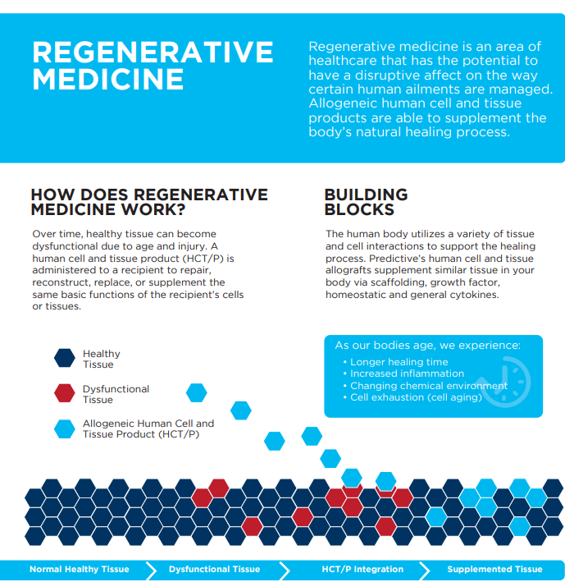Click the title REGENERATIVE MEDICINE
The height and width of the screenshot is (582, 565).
pyautogui.click(x=152, y=66)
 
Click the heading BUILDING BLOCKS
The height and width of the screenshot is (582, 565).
pyautogui.click(x=366, y=202)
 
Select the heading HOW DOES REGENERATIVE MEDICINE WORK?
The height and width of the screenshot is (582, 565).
pyautogui.click(x=149, y=202)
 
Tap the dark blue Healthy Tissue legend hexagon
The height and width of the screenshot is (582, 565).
pyautogui.click(x=65, y=358)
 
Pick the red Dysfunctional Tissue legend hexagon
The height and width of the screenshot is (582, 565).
pyautogui.click(x=65, y=393)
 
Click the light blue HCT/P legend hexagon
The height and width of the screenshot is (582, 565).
pyautogui.click(x=65, y=428)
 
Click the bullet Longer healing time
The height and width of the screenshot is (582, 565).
pyautogui.click(x=399, y=362)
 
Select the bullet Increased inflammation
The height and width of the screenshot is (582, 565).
pyautogui.click(x=407, y=373)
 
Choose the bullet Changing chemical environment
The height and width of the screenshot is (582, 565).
pyautogui.click(x=429, y=386)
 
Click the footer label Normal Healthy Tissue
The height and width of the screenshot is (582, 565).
pyautogui.click(x=80, y=569)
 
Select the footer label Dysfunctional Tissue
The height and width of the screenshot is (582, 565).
pyautogui.click(x=214, y=569)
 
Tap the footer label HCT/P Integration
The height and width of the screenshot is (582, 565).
pyautogui.click(x=362, y=569)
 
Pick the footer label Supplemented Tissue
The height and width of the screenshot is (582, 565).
pyautogui.click(x=494, y=569)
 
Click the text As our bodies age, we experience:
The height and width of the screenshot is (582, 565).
pyautogui.click(x=427, y=345)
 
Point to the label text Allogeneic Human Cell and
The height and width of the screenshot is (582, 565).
pyautogui.click(x=148, y=424)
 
